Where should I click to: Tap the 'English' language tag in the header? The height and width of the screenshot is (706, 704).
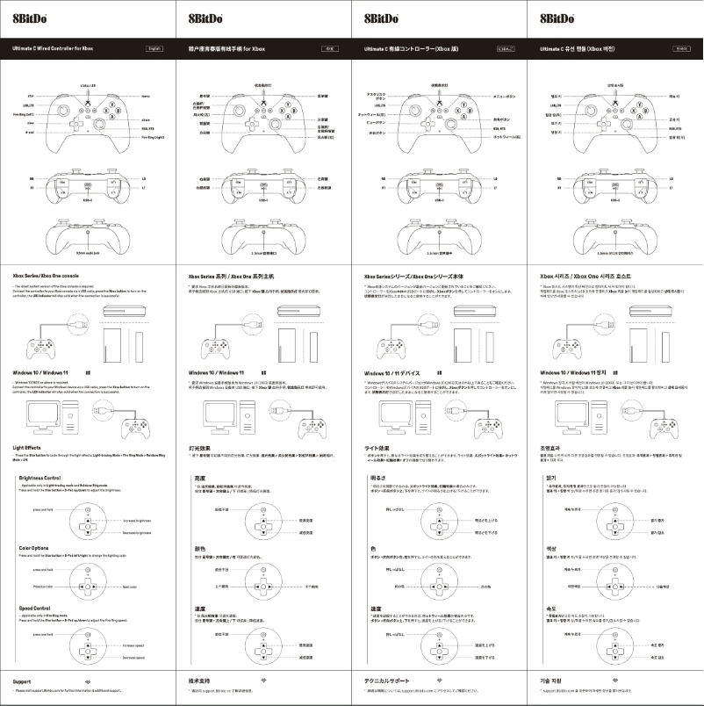click(154, 49)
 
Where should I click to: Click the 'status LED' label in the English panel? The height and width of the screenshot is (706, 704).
click(89, 85)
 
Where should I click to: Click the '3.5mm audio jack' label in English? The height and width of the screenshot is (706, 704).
click(89, 253)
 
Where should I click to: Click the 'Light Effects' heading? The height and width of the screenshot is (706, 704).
click(30, 448)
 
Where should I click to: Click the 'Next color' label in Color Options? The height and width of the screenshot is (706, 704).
click(130, 586)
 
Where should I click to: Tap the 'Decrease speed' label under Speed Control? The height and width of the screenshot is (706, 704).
click(133, 656)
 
